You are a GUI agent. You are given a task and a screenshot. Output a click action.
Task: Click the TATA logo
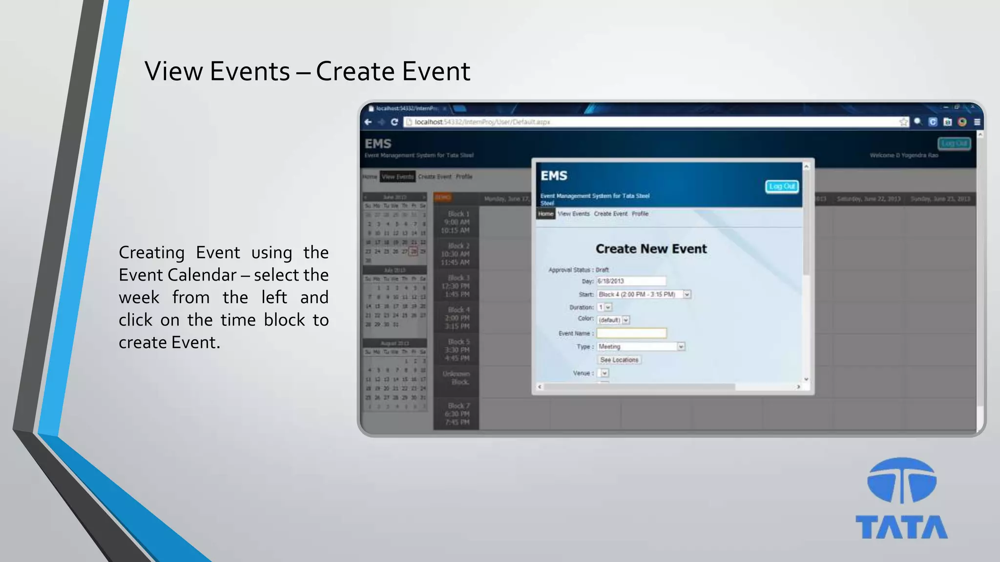coord(901,498)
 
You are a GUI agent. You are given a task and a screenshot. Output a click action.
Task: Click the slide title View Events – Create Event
coord(307,71)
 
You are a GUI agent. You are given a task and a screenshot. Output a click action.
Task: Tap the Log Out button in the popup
coord(781,186)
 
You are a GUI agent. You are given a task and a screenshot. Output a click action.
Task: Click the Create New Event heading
coord(651,249)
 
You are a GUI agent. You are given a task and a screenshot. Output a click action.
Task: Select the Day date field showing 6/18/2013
coord(631,281)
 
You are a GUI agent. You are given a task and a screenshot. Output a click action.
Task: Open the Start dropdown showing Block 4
coord(644,294)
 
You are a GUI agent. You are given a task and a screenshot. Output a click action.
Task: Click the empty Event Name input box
coord(631,333)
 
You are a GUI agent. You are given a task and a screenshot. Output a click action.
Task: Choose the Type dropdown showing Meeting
coord(641,346)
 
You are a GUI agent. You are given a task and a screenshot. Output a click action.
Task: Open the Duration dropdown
coord(604,307)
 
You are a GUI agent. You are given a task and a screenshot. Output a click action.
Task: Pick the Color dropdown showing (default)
coord(613,320)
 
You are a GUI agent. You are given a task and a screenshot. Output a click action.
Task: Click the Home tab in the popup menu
coord(545,214)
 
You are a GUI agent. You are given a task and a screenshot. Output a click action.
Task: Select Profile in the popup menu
coord(640,214)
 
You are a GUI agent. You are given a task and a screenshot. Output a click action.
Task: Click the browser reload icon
coord(394,122)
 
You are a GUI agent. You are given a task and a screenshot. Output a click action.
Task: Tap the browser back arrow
coord(368,122)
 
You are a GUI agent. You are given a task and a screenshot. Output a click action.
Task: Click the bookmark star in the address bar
coord(903,122)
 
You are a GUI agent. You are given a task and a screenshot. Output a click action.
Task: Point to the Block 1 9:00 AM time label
coord(457,222)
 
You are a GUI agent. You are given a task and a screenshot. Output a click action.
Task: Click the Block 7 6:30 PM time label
coord(457,414)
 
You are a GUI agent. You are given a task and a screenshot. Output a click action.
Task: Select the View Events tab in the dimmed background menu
coord(397,177)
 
